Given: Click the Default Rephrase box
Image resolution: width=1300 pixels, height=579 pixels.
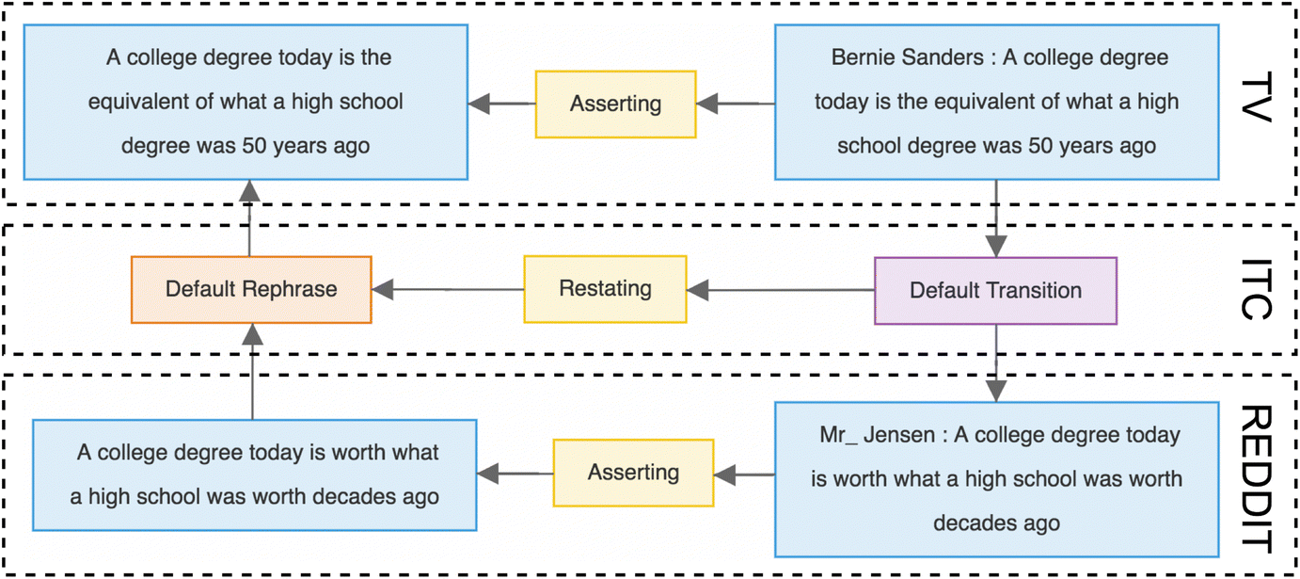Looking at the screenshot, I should click(x=251, y=289).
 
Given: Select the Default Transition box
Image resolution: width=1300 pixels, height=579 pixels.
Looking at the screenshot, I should click(x=995, y=291).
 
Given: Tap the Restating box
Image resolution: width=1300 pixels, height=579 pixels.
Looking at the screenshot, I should click(x=605, y=288).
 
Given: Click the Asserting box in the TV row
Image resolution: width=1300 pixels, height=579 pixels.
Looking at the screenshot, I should click(x=615, y=104).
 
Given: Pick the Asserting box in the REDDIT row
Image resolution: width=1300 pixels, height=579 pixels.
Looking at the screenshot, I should click(x=633, y=472).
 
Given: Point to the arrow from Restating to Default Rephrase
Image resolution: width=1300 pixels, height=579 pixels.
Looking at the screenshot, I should click(x=448, y=289).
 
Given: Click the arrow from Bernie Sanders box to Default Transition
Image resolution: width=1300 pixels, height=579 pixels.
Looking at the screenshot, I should click(x=996, y=217).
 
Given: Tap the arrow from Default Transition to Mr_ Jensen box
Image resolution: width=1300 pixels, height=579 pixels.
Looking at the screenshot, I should click(x=996, y=363).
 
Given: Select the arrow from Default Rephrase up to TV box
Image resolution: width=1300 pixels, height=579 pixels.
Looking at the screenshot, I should click(x=249, y=217).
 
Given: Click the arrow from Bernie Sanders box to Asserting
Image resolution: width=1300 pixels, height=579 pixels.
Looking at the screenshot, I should click(x=735, y=104).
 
